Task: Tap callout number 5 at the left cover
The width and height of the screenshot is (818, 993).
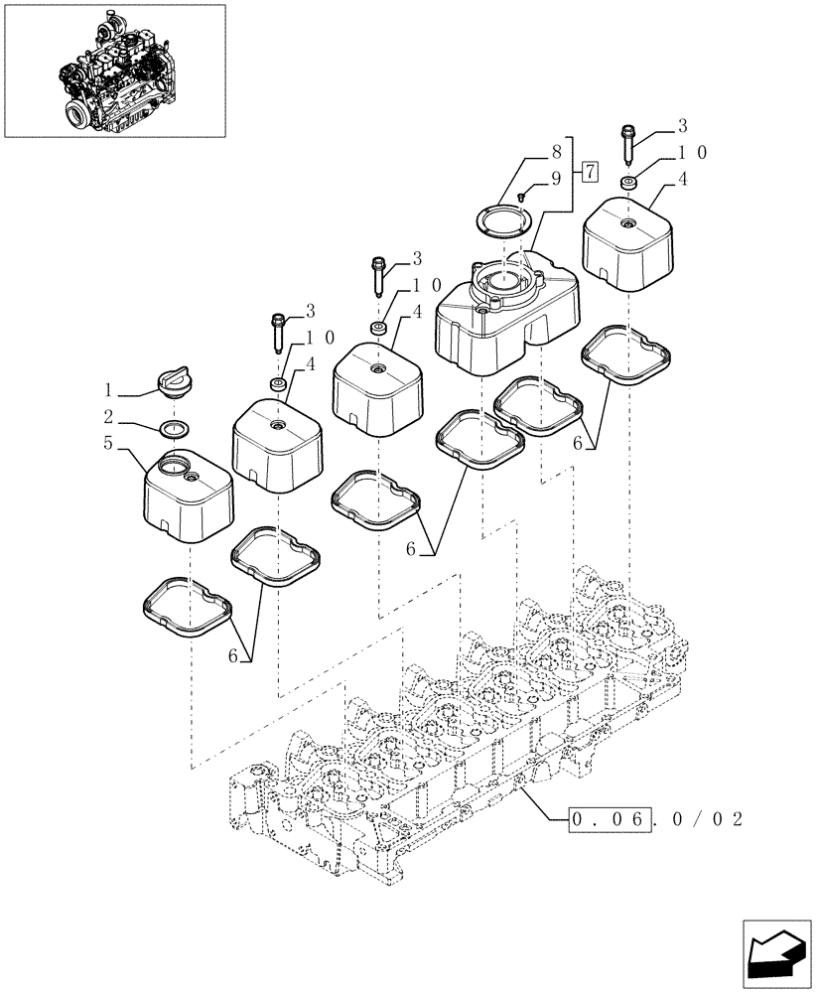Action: point(110,445)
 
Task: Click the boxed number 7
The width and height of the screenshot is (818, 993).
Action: point(590,173)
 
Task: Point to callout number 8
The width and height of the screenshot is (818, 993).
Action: point(555,153)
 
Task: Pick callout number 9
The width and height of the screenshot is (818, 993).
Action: point(556,180)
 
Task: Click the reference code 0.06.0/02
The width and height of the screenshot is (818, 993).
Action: point(656,820)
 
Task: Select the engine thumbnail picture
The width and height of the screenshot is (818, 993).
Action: point(114,70)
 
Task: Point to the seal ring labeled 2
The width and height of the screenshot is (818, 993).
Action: point(175,429)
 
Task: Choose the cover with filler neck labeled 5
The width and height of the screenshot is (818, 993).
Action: point(189,494)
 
